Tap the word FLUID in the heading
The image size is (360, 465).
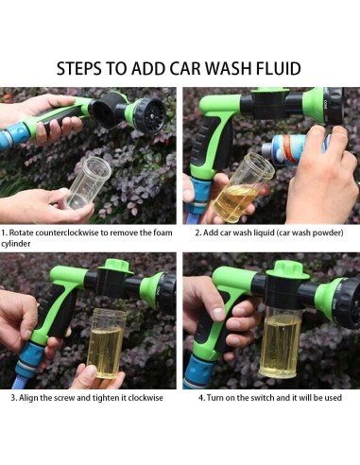point(279,69)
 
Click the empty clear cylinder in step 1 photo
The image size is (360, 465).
point(87,182)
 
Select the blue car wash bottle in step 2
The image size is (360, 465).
point(294,149)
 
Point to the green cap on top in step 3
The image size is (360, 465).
point(114,267)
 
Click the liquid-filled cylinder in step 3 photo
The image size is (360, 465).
point(107,343)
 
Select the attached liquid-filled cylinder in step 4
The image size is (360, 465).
point(280,342)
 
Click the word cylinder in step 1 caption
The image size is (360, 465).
point(16,244)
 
